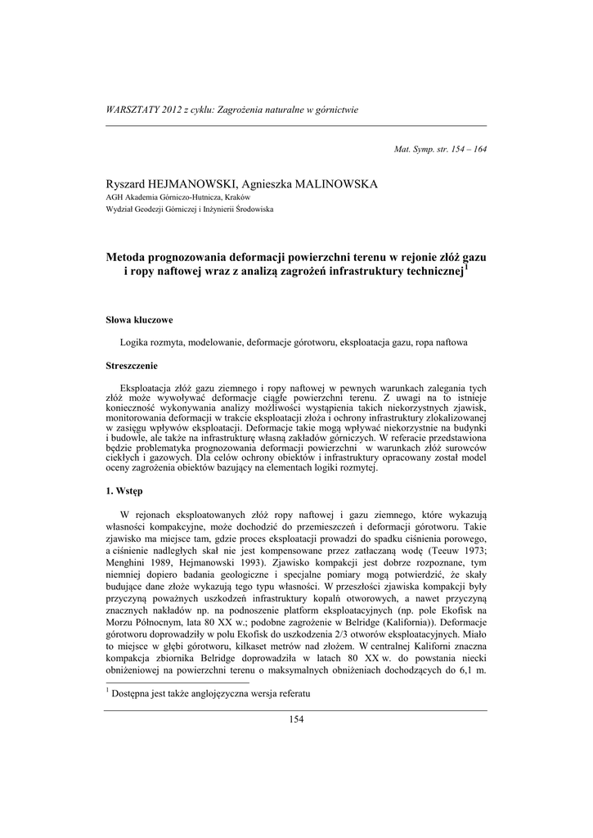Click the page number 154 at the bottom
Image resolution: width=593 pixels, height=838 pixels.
(x=296, y=719)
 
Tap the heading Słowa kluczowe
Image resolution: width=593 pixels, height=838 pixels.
(x=139, y=319)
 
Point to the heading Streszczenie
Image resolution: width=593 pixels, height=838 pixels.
(x=133, y=365)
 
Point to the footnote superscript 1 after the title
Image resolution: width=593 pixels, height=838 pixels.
(x=465, y=267)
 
